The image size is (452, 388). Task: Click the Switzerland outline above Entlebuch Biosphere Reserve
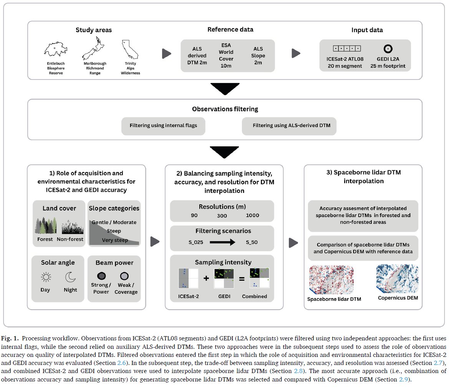click(x=56, y=49)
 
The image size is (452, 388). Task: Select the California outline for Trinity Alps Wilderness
click(x=130, y=49)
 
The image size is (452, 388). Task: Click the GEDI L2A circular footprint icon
click(x=388, y=49)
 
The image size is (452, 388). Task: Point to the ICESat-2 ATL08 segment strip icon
click(x=347, y=49)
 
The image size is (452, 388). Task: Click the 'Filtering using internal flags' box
click(x=163, y=126)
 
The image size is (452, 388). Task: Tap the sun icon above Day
click(x=46, y=277)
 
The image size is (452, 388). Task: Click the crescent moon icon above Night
click(x=70, y=277)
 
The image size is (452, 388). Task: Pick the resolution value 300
click(x=222, y=216)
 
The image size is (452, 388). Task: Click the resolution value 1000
click(x=252, y=216)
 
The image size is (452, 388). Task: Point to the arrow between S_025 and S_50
click(x=223, y=242)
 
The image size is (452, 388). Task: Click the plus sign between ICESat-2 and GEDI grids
click(x=206, y=278)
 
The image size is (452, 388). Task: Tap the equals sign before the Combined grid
click(x=242, y=279)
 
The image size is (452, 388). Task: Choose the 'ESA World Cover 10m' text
click(x=226, y=56)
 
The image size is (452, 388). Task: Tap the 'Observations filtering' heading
click(x=225, y=109)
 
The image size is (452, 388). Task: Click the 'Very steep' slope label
click(x=115, y=240)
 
